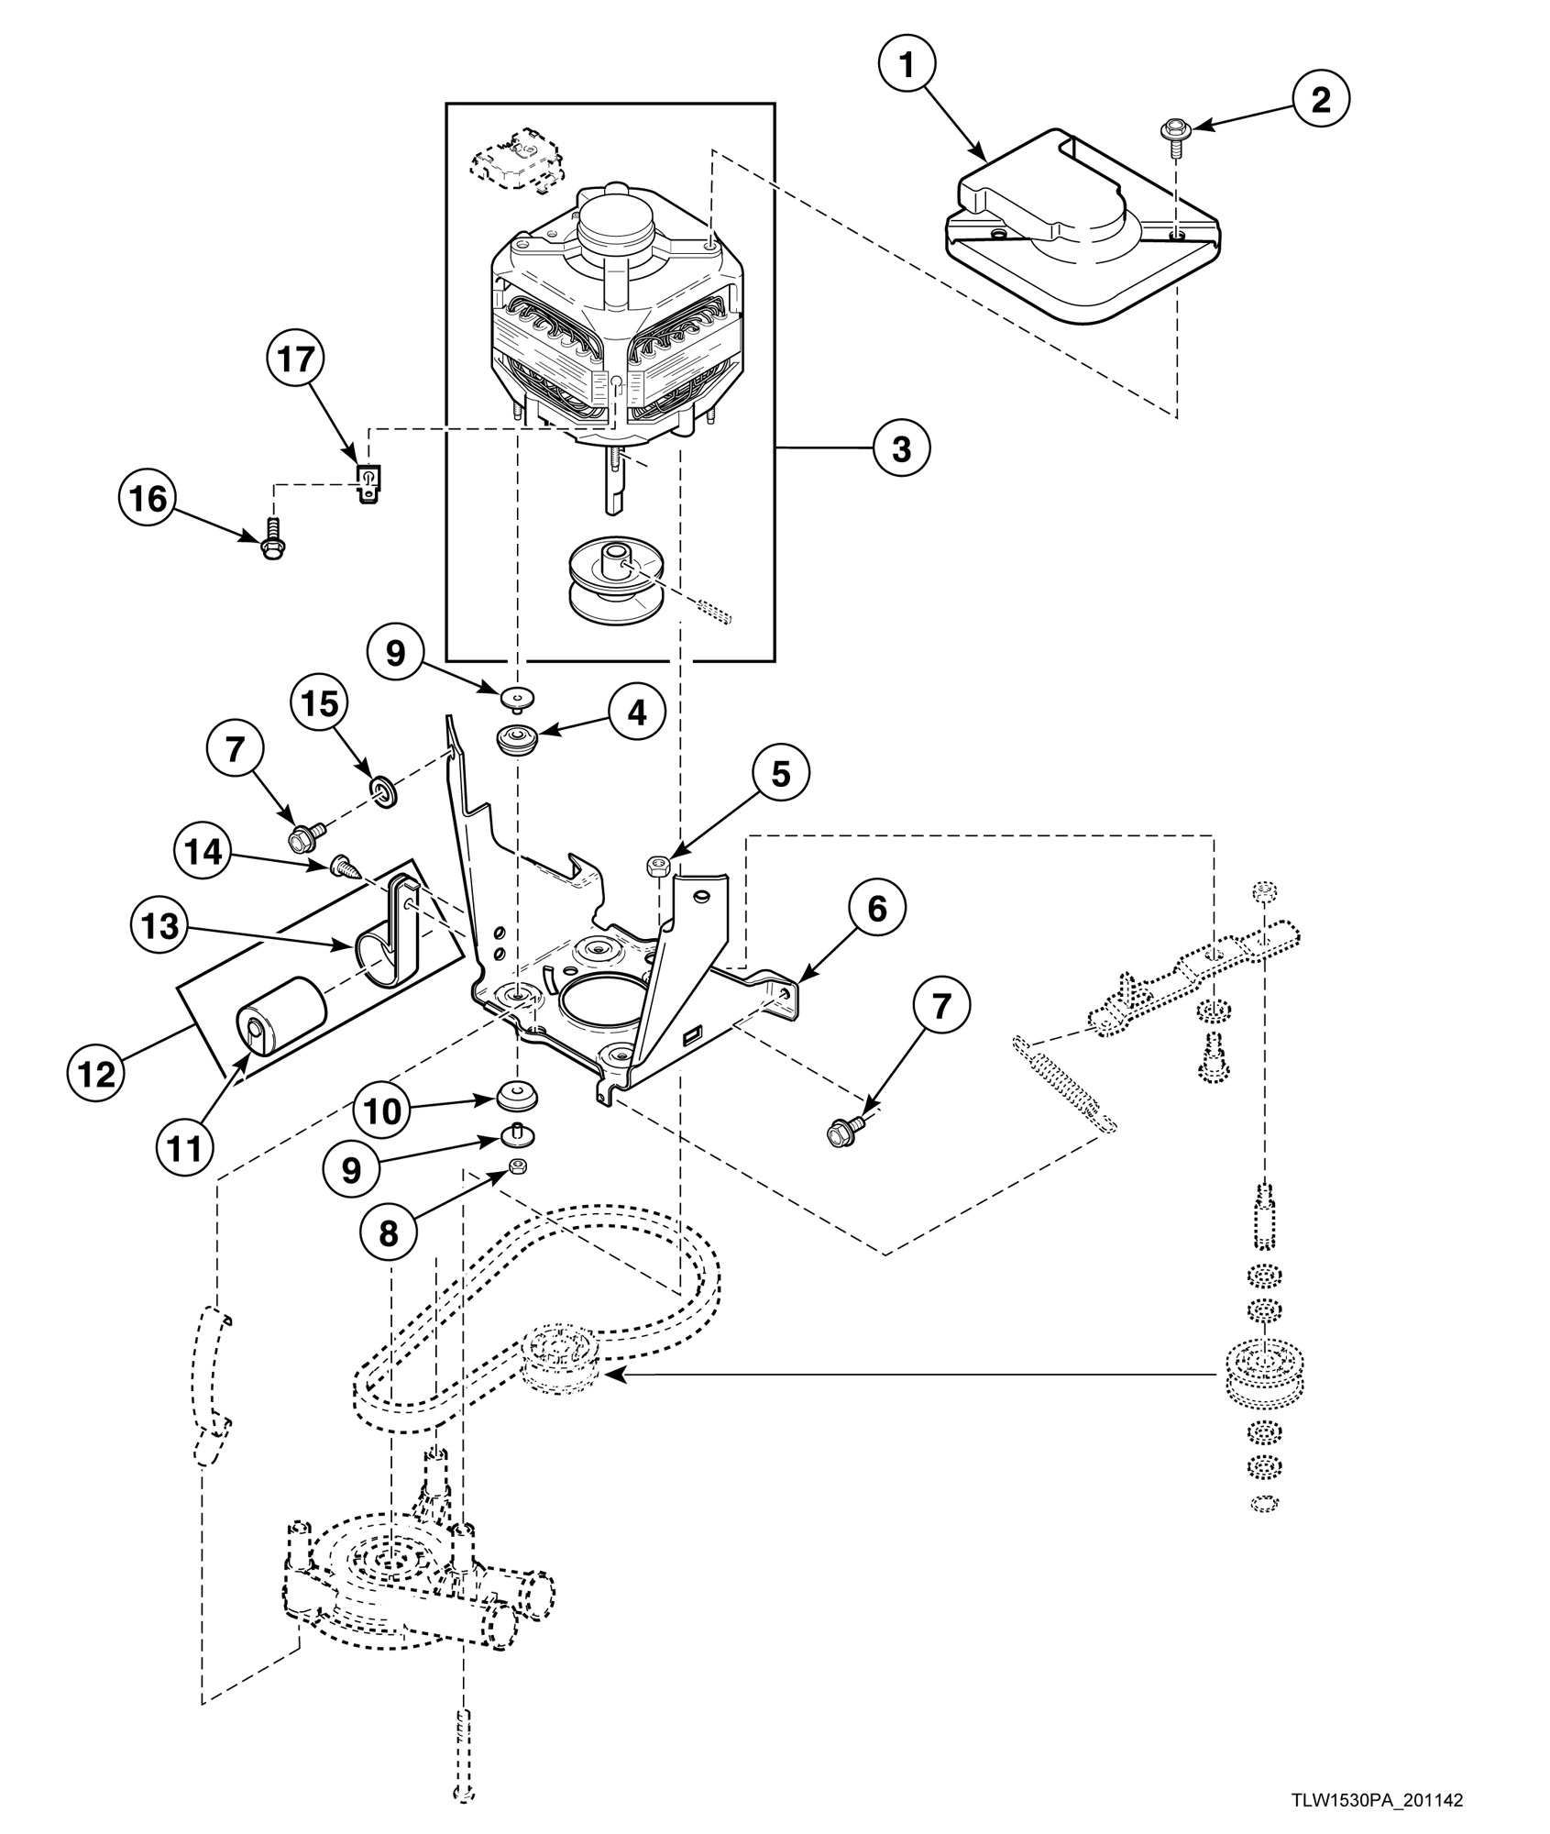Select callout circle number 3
901,449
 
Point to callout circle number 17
296,359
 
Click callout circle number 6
876,909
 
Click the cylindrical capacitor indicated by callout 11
281,1021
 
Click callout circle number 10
382,1111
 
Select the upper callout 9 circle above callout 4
395,652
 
